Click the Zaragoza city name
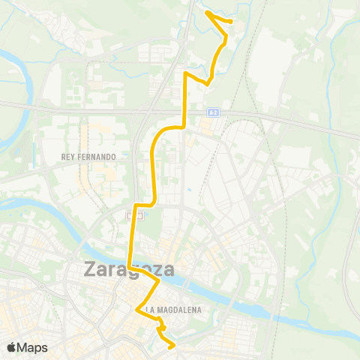[129, 268]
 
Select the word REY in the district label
[69, 157]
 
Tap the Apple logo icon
[12, 347]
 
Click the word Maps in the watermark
[33, 347]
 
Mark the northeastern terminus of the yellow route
[230, 21]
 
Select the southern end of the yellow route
[174, 346]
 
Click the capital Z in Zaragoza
[93, 268]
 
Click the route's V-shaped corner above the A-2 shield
[207, 85]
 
